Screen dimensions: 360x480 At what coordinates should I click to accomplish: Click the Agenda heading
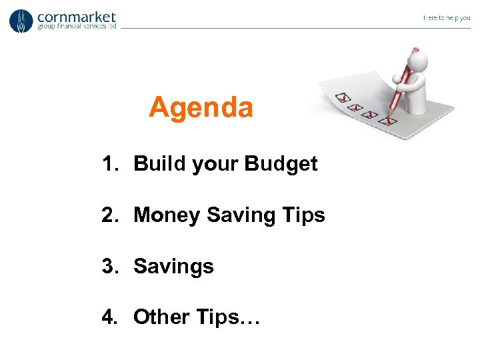click(x=201, y=107)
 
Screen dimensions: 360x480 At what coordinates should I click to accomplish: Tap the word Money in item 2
click(x=167, y=215)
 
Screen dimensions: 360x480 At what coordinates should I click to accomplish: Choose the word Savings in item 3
click(x=173, y=267)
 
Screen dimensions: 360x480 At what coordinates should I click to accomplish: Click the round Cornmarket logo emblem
click(x=21, y=21)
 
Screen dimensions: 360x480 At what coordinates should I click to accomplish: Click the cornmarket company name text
click(x=77, y=17)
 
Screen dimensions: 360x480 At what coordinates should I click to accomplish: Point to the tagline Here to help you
click(x=446, y=18)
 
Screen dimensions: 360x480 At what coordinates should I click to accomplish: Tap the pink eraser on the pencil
click(x=416, y=49)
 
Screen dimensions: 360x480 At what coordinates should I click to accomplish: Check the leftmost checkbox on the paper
click(x=343, y=98)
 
